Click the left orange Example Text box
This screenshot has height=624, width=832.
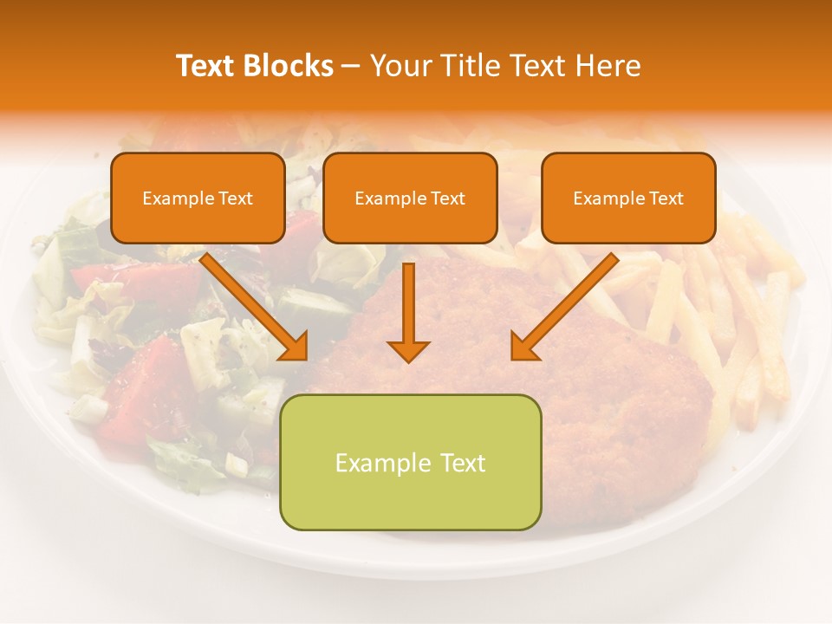[198, 198]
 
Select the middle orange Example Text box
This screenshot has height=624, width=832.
[410, 198]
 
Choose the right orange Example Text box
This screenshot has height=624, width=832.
[628, 198]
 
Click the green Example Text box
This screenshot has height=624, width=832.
[411, 462]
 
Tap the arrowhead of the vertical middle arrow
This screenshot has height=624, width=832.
[408, 350]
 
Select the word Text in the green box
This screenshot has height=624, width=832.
[462, 463]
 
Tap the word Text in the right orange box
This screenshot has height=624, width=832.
[666, 198]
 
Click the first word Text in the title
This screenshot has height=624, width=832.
[208, 66]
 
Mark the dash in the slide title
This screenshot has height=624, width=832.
[351, 67]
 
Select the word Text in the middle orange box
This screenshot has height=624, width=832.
[448, 198]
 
